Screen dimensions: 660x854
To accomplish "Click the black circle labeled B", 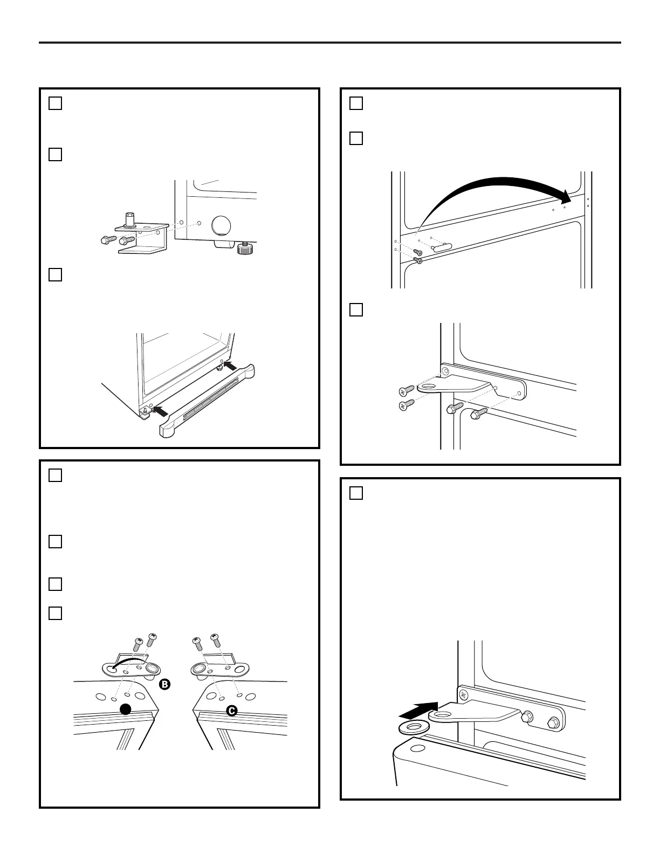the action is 164,684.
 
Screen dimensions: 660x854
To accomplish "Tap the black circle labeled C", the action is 232,711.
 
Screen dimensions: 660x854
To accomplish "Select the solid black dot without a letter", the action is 126,709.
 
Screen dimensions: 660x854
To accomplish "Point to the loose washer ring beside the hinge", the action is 412,727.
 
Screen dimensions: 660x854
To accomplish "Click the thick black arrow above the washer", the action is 418,710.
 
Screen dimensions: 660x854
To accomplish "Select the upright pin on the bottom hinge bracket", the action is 129,219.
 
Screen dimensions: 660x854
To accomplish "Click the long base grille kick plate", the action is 207,401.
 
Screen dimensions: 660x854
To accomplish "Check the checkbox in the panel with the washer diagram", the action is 356,493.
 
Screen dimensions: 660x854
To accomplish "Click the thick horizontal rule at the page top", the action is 330,43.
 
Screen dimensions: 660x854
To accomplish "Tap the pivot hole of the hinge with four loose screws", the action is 429,388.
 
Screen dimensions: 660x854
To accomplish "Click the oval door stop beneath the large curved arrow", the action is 442,247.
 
